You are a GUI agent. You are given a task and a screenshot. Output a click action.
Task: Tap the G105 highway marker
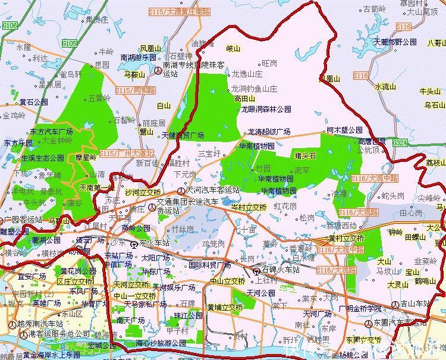pyautogui.click(x=70, y=43)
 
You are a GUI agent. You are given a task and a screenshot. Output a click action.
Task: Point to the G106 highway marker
pyautogui.click(x=10, y=26)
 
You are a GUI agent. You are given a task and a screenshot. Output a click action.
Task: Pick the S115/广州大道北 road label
pyautogui.click(x=126, y=153)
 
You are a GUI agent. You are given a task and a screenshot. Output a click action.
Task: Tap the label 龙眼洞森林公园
pyautogui.click(x=266, y=109)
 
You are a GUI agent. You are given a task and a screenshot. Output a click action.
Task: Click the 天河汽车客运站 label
pyautogui.click(x=212, y=190)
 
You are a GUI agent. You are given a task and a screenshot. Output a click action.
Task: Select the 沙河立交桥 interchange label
pyautogui.click(x=143, y=192)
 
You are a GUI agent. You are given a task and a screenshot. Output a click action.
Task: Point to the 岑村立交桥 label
pyautogui.click(x=249, y=207)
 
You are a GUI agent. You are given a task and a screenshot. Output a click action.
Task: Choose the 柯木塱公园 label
pyautogui.click(x=344, y=130)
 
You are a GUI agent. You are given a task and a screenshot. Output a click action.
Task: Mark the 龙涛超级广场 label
pyautogui.click(x=269, y=132)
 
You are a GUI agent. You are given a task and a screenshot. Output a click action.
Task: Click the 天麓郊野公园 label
pyautogui.click(x=395, y=43)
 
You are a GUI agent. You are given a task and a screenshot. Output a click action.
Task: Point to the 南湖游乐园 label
pyautogui.click(x=138, y=58)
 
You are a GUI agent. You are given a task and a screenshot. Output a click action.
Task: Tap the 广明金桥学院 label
pyautogui.click(x=359, y=308)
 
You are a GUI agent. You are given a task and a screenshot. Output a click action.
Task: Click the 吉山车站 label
pyautogui.click(x=416, y=304)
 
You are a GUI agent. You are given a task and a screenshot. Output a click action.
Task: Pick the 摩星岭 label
pyautogui.click(x=86, y=158)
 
